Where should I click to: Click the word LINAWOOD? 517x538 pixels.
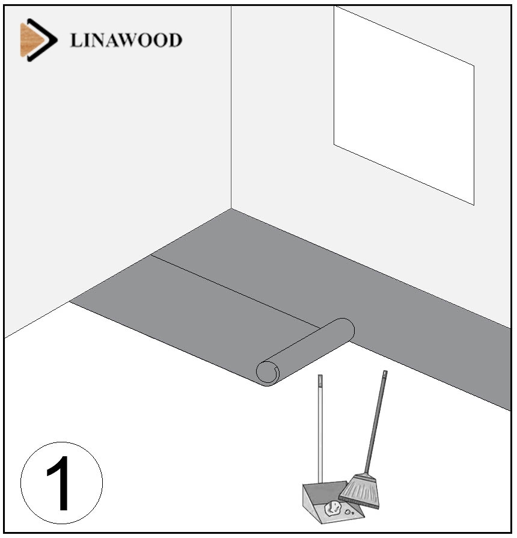[126, 40]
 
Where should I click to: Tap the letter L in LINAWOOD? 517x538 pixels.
[76, 40]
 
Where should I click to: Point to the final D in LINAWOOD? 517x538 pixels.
[175, 40]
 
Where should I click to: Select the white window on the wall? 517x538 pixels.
[404, 105]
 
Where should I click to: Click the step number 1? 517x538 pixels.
[59, 483]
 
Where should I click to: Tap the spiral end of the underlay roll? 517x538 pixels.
[268, 373]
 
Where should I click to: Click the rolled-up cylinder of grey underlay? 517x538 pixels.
[305, 352]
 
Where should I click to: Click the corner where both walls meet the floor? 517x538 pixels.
[231, 209]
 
